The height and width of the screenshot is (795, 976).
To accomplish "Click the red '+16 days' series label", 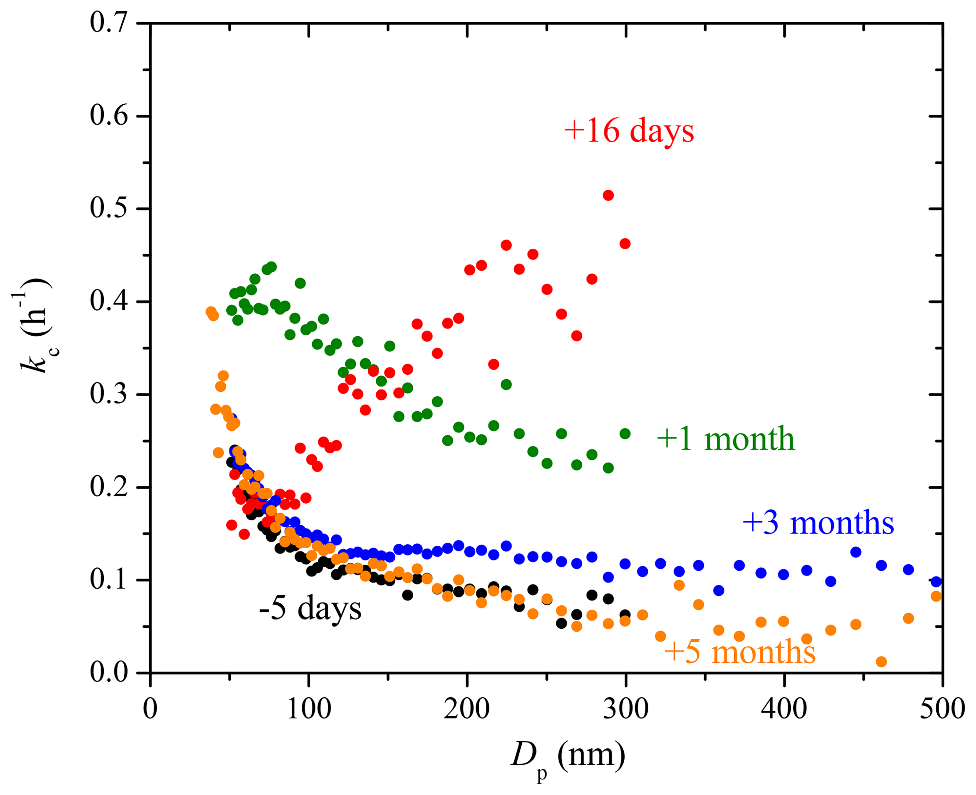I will pos(629,131).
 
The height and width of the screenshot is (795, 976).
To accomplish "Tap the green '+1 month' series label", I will pos(726,439).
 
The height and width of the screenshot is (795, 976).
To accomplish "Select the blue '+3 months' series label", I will pos(818,523).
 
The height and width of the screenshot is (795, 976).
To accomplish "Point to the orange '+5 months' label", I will pos(740,652).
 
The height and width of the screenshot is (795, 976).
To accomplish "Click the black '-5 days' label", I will pos(310,609).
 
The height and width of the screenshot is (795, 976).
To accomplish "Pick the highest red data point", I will pos(608,195).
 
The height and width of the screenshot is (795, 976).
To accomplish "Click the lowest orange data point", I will pos(881,661).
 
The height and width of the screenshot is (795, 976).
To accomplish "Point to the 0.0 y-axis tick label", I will pos(110,672).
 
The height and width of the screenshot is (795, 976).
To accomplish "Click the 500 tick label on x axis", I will pos(942,709).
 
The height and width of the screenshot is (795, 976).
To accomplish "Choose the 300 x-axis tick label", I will pos(626,709).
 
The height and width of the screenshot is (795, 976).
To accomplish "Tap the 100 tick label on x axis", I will pos(309,709).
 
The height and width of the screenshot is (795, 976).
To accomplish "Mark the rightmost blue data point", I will pos(936,582).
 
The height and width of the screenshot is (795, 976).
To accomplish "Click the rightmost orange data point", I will pos(936,596).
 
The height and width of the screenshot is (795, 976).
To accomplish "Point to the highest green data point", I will pos(272,267).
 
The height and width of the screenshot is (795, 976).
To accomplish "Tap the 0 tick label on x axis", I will pos(150,709).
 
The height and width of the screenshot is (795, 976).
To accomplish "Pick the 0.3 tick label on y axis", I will pos(110,394).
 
